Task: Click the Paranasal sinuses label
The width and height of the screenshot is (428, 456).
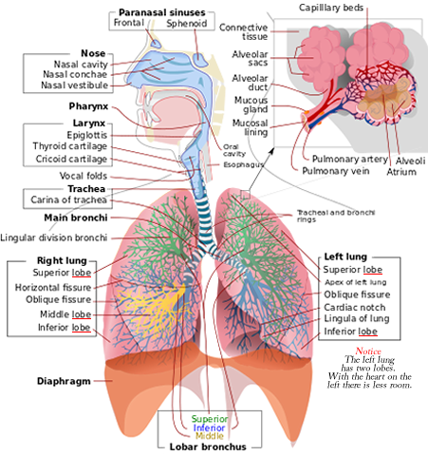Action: coord(161,12)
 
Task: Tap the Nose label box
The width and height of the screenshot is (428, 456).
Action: coord(93,54)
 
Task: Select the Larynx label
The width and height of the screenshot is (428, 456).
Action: coord(89,123)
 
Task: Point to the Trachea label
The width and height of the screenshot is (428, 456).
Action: coord(85,189)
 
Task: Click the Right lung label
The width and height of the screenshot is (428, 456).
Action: coord(62,260)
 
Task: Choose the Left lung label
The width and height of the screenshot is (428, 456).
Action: coord(345,256)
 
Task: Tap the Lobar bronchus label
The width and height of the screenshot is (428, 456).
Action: coord(209,446)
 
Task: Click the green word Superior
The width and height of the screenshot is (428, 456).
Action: coord(209,419)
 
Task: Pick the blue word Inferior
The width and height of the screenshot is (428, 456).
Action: coord(209,427)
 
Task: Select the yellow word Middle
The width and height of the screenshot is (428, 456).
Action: coord(209,435)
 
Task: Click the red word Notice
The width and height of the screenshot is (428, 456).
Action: coord(368,351)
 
